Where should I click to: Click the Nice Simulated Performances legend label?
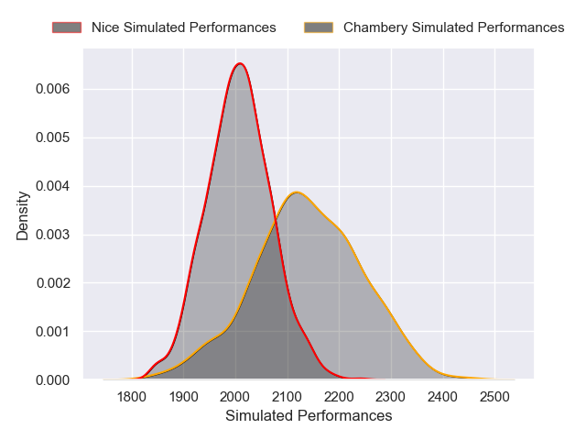click(183, 27)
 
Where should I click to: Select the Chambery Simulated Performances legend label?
click(453, 27)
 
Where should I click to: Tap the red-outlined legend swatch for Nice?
click(67, 27)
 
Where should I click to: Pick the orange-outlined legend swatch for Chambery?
click(318, 27)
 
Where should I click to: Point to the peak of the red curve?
click(240, 63)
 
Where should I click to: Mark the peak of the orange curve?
click(296, 192)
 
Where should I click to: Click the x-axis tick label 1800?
click(132, 397)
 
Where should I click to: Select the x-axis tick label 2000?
click(235, 397)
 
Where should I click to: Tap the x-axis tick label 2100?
click(288, 397)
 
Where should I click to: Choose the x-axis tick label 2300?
click(391, 397)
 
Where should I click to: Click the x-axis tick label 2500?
click(494, 397)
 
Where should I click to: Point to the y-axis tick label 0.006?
click(54, 89)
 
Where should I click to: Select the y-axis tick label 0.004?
click(54, 186)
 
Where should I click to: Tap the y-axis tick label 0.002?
click(54, 283)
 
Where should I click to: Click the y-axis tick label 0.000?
click(54, 379)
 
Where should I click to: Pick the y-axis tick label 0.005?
click(54, 137)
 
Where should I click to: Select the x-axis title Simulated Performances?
click(309, 416)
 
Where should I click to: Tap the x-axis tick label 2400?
click(443, 397)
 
